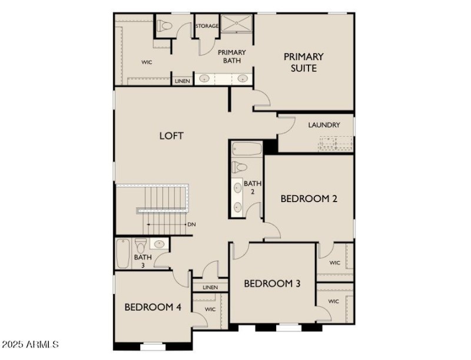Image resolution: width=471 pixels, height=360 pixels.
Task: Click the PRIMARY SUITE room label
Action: pyautogui.click(x=304, y=62)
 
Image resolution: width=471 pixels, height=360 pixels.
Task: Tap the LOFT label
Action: pyautogui.click(x=171, y=136)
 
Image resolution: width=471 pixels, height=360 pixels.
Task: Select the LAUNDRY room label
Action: pyautogui.click(x=324, y=125)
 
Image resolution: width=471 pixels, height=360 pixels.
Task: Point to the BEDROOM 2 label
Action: pyautogui.click(x=309, y=199)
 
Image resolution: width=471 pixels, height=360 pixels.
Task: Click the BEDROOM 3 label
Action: pyautogui.click(x=272, y=284)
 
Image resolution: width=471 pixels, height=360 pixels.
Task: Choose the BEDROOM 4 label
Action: pyautogui.click(x=152, y=307)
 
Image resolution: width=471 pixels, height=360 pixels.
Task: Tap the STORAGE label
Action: pyautogui.click(x=207, y=26)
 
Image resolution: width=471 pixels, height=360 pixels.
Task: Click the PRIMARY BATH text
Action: pyautogui.click(x=231, y=57)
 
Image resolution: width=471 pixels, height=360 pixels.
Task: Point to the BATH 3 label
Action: pyautogui.click(x=142, y=261)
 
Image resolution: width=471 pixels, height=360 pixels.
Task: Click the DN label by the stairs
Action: pyautogui.click(x=191, y=224)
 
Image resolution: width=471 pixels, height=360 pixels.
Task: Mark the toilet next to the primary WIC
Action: pyautogui.click(x=164, y=26)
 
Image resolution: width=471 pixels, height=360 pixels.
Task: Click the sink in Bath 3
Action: pyautogui.click(x=160, y=244)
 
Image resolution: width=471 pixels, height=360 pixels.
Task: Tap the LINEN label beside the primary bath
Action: pyautogui.click(x=182, y=81)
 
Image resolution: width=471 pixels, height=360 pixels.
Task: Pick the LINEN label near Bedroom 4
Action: pyautogui.click(x=210, y=288)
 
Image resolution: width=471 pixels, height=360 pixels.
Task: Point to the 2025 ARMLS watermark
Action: pyautogui.click(x=30, y=344)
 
